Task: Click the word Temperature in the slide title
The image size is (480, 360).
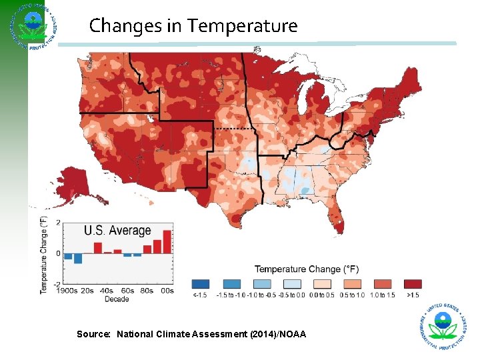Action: pos(242,26)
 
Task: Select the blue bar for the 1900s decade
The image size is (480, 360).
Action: pos(68,257)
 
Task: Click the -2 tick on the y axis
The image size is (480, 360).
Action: pos(58,284)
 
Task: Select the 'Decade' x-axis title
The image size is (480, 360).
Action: pos(117,299)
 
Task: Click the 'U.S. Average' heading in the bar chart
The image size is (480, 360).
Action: pos(117,231)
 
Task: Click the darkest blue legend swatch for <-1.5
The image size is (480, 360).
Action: pos(200,283)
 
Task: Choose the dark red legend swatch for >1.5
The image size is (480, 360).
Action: pos(413,283)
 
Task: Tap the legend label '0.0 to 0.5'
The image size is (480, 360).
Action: pos(321,295)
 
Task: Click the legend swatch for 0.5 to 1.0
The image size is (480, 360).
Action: pos(352,283)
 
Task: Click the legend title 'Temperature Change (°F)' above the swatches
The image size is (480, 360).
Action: pos(307,269)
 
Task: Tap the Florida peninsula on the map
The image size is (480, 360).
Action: pos(335,221)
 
